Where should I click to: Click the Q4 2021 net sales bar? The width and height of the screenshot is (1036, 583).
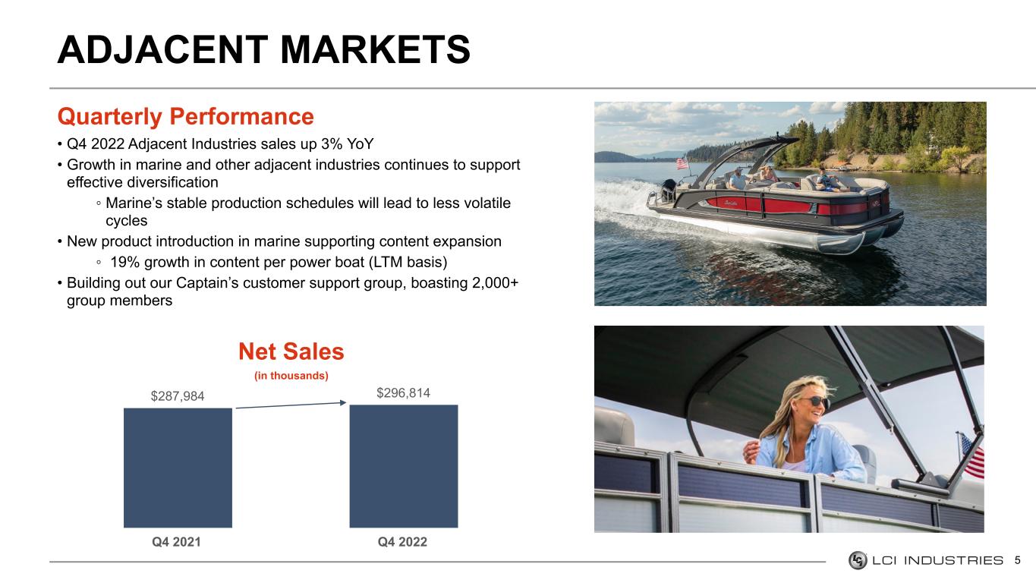click(x=178, y=468)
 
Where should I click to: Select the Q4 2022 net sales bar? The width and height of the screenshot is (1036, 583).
click(x=403, y=466)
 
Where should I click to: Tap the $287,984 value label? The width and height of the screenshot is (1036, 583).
click(x=177, y=396)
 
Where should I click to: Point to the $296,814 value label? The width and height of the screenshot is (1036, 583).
click(x=403, y=392)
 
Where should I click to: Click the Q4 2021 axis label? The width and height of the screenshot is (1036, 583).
click(x=176, y=542)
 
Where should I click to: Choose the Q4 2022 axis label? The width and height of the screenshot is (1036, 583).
click(x=402, y=542)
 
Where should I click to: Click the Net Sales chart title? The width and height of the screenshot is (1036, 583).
click(x=291, y=351)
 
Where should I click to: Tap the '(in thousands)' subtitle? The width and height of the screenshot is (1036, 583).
click(x=291, y=376)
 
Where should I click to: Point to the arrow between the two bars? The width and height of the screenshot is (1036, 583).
click(x=291, y=405)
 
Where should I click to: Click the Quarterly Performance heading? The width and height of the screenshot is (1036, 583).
click(x=185, y=117)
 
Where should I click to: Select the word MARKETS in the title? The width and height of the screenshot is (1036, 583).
click(x=375, y=49)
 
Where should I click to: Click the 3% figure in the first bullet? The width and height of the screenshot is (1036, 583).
click(x=332, y=144)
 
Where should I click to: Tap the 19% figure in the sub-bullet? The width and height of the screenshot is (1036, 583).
click(x=125, y=263)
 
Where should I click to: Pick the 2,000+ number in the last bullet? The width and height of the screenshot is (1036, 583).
click(x=496, y=282)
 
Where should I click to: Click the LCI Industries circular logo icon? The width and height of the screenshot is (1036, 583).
click(x=858, y=560)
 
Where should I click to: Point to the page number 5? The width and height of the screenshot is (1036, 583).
click(x=1018, y=560)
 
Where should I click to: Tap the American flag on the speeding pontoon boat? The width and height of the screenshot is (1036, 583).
click(x=682, y=163)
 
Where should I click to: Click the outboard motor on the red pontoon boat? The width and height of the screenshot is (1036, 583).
click(x=669, y=190)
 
